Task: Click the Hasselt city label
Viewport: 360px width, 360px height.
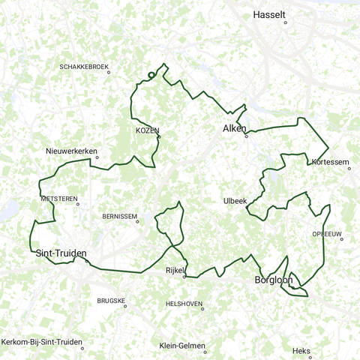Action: point(271,14)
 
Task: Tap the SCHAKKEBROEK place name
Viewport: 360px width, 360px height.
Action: point(84,67)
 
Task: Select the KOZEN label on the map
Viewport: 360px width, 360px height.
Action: point(147,130)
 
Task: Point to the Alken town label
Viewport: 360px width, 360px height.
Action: point(235,129)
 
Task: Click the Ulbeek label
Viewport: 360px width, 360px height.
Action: point(235,200)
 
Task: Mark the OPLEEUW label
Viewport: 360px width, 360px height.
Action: point(328,234)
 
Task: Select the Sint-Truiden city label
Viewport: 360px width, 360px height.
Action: point(61,253)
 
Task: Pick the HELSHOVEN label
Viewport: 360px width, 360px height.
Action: point(184,304)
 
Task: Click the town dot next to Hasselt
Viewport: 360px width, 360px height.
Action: point(286,23)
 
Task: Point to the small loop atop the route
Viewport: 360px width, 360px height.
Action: point(151,74)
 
